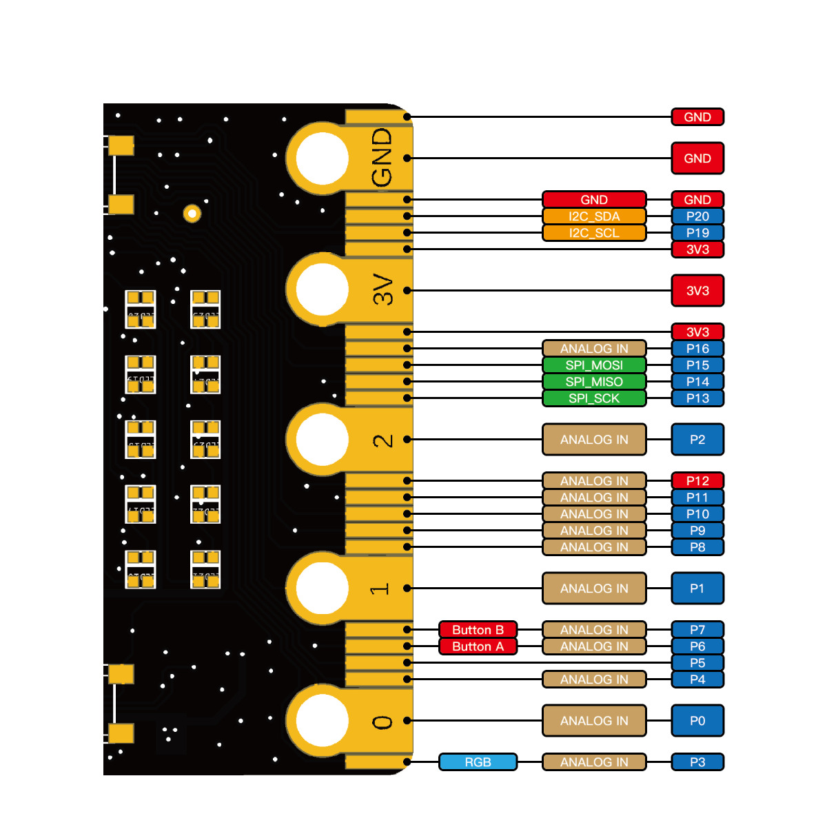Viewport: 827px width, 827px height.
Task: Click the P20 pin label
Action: [x=697, y=216]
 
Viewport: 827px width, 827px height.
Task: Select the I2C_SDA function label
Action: [x=594, y=216]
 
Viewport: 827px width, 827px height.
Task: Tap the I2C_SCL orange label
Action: [x=594, y=233]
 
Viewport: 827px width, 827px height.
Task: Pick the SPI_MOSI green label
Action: [x=594, y=365]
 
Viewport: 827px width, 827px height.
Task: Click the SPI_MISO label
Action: [x=594, y=382]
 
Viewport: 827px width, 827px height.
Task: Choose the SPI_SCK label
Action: [x=594, y=398]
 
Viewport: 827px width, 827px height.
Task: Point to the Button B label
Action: [x=478, y=630]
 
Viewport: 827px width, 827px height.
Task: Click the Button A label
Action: [x=478, y=646]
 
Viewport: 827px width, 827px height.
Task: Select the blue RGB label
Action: [x=478, y=762]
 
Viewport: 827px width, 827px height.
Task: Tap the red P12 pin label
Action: [x=697, y=481]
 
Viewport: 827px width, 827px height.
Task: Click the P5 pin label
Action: [x=697, y=663]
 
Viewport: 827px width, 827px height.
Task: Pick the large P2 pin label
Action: [x=697, y=440]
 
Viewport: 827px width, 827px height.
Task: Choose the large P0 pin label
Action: [x=697, y=721]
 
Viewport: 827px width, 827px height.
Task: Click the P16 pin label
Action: [x=697, y=349]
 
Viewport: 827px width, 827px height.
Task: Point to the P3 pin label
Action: [x=697, y=762]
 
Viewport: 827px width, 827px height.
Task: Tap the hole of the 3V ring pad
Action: [x=322, y=289]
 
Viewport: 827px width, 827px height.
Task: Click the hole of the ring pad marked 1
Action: [x=322, y=587]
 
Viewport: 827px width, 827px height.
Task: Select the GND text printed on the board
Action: [x=382, y=157]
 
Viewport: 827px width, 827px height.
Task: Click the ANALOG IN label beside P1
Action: [x=594, y=589]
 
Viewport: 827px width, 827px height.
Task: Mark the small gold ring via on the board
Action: [x=192, y=214]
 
